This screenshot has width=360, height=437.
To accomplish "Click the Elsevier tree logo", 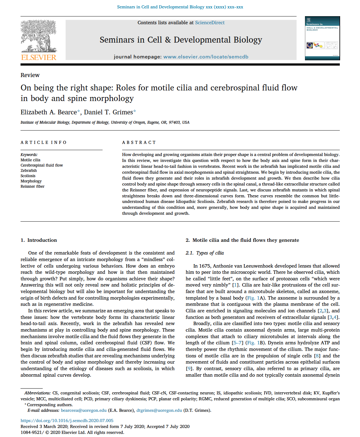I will [39, 36].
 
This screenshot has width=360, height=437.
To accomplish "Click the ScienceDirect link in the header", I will [210, 23].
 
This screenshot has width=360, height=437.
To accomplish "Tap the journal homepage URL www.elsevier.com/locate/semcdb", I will [205, 57].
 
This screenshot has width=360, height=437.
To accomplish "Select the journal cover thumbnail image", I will [322, 38].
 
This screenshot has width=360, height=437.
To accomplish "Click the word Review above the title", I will [30, 75].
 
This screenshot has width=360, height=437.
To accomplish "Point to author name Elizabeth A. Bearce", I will [48, 112].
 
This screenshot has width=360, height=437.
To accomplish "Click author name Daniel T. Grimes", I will [108, 112].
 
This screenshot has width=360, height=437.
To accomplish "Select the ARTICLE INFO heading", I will [44, 142].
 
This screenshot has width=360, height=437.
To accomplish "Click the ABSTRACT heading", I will [139, 142].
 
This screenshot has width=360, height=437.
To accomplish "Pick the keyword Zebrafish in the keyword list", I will [29, 171].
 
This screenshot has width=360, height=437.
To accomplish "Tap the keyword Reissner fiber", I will [32, 186].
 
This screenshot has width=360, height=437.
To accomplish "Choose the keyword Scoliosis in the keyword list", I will [28, 176].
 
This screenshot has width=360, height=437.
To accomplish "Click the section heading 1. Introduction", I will [39, 240].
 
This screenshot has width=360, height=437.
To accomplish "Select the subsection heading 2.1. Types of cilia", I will [205, 253].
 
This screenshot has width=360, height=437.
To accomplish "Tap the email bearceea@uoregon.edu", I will [84, 410].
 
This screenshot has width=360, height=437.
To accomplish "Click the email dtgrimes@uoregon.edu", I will [159, 410].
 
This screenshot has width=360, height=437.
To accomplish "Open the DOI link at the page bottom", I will [67, 421].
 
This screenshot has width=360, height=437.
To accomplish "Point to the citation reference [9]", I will [189, 369].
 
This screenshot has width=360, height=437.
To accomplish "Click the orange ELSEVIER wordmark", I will [39, 57].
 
